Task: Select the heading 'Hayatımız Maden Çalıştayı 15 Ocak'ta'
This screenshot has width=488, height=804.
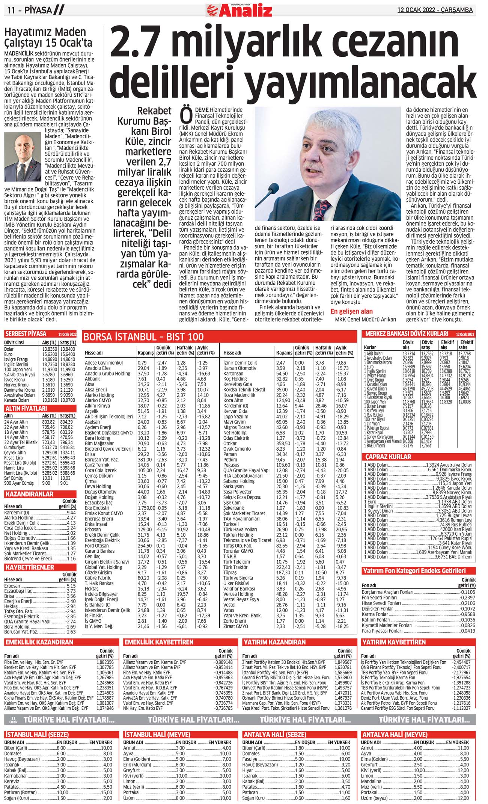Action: click(x=48, y=37)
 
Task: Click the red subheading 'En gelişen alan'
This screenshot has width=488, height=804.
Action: click(x=351, y=311)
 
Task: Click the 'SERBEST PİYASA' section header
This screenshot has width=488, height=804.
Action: click(x=26, y=334)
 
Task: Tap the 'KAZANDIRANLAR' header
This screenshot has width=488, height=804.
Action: click(x=29, y=494)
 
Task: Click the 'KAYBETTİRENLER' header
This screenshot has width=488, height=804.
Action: click(x=30, y=567)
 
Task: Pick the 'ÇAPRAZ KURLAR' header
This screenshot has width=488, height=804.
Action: click(x=388, y=457)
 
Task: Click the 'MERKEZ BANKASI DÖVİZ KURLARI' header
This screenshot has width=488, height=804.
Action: click(x=407, y=334)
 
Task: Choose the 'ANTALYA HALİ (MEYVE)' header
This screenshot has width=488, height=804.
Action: click(x=394, y=735)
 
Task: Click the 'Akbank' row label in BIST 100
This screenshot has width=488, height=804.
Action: click(x=92, y=379)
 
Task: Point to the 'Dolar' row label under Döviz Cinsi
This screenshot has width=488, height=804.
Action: click(x=9, y=349)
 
